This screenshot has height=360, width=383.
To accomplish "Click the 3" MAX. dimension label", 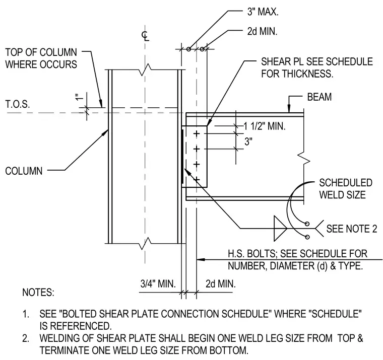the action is point(263,12).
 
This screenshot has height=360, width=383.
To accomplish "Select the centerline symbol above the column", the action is point(145,36).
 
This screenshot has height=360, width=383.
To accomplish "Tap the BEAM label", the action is point(319,97).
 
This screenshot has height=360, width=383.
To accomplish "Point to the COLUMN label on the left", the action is point(24,171).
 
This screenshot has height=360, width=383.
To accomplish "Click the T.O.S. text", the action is point(18,104).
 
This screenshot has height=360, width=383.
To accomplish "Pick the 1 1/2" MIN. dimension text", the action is point(265,126).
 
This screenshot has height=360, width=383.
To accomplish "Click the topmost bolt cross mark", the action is point(197,134).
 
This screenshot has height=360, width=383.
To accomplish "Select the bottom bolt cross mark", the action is point(197,180).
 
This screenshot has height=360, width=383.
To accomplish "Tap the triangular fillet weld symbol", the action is point(280,229).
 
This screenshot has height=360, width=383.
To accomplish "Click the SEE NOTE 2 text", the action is point(352,229).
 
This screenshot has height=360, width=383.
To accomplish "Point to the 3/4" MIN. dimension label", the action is point(158,283).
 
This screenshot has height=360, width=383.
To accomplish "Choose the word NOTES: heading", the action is point(38,292).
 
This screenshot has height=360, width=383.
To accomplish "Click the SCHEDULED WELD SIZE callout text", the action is point(346,189).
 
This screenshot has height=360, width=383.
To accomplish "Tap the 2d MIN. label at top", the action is point(263,31).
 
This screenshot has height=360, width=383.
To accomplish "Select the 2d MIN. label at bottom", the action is point(221,283).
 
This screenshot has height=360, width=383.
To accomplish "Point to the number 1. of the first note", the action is point(26,314).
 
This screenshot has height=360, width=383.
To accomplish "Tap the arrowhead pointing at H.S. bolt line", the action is point(201,259).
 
